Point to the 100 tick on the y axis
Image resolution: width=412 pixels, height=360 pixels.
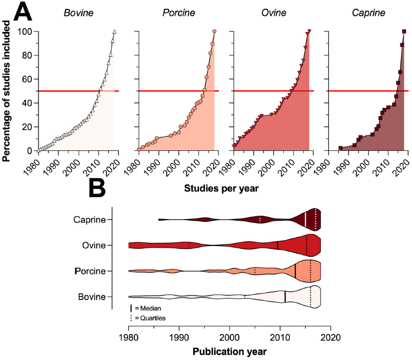(25, 31)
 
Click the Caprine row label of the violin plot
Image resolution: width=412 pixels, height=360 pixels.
(90, 220)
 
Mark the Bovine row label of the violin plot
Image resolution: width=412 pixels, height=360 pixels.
(91, 297)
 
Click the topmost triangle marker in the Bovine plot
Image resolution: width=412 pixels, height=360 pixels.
(114, 32)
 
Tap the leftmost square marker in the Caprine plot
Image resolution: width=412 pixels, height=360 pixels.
(340, 148)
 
